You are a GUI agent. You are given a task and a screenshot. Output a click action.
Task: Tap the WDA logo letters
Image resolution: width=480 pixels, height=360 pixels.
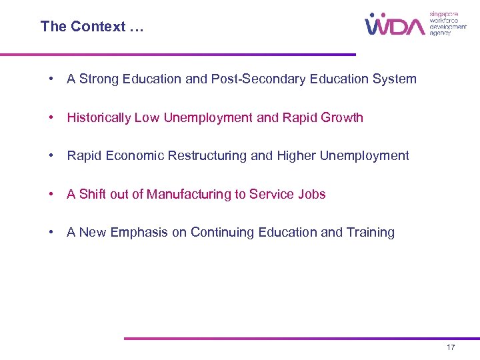tap(394, 25)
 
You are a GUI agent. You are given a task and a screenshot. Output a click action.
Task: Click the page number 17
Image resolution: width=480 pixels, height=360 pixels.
tap(451, 348)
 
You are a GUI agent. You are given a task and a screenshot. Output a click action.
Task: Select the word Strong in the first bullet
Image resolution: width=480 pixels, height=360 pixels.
tap(97, 79)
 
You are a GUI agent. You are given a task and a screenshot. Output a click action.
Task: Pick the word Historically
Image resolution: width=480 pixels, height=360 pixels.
tap(99, 118)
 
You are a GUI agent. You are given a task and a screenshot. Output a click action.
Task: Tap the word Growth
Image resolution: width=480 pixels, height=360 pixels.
tap(341, 118)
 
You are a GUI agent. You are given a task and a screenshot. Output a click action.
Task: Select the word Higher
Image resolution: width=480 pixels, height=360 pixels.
tap(293, 156)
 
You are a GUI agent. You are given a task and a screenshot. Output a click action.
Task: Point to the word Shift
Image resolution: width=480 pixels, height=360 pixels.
tap(93, 195)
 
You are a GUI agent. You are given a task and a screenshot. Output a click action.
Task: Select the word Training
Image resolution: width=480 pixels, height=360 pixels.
tap(371, 233)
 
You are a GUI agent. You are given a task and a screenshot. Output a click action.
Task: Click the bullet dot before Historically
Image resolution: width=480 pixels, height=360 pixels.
tap(51, 118)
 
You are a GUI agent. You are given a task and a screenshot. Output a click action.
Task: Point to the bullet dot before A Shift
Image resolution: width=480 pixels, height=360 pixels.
tap(51, 195)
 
